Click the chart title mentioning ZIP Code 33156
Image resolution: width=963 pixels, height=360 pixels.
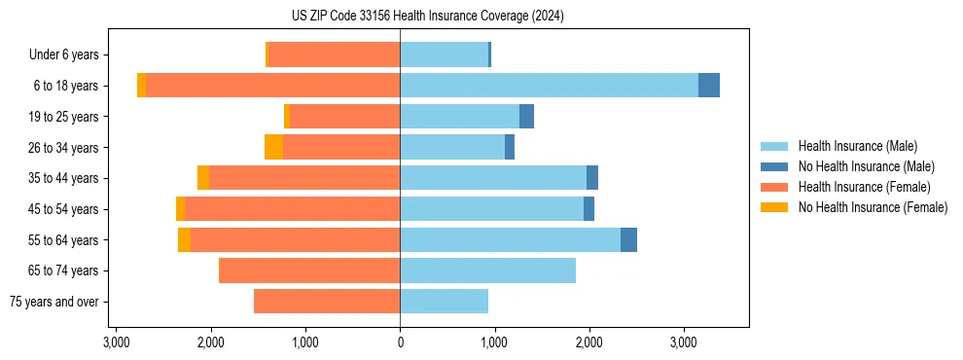click(481, 17)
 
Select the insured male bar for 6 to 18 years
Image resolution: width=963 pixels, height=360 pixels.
click(549, 86)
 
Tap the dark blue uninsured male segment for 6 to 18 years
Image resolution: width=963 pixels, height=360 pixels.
click(709, 86)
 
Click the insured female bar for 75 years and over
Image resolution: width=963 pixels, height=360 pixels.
click(327, 302)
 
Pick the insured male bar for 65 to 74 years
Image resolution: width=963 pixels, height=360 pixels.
click(487, 270)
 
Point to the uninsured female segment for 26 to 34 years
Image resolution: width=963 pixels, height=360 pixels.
click(273, 147)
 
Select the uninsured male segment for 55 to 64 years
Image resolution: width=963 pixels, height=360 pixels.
click(628, 239)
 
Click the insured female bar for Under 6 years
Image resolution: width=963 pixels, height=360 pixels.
click(334, 54)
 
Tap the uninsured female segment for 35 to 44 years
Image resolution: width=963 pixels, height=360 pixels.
click(203, 178)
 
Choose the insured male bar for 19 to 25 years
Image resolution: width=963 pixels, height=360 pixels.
click(459, 117)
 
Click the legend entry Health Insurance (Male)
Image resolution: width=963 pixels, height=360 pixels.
click(857, 146)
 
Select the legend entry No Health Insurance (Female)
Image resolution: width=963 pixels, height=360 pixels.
click(873, 207)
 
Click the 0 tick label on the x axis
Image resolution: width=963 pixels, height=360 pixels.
click(400, 342)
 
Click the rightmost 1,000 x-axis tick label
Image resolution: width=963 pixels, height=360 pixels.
click(494, 342)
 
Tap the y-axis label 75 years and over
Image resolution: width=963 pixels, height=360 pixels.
click(53, 302)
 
